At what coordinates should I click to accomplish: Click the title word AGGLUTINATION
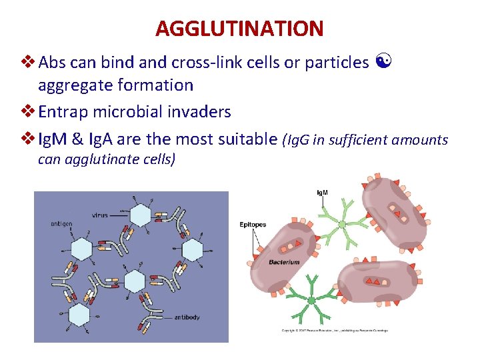coord(239,29)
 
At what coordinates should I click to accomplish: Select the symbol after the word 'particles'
coord(383,63)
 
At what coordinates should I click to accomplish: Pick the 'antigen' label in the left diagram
coord(61,224)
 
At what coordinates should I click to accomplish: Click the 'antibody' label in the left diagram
coord(186,317)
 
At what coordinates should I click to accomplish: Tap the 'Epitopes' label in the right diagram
coord(253,225)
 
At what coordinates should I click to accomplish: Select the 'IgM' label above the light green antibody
coord(322,193)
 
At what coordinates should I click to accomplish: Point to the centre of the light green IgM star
coord(342,224)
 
